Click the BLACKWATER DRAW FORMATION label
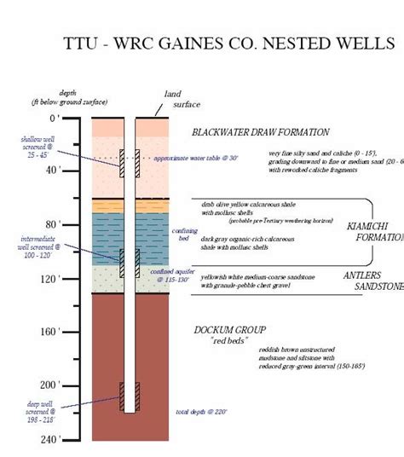click(260, 132)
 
